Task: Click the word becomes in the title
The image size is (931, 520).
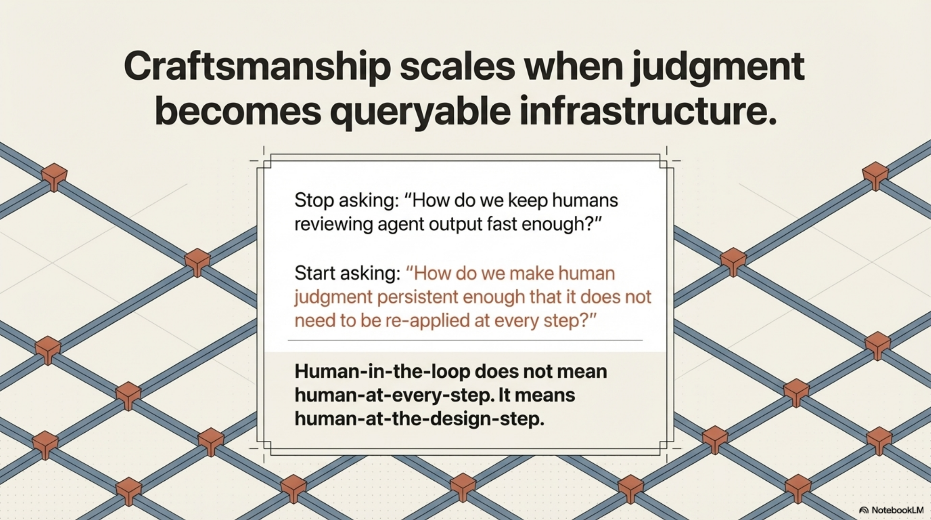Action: tap(238, 111)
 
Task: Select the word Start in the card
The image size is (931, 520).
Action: tap(314, 273)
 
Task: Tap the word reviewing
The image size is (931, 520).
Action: tap(333, 224)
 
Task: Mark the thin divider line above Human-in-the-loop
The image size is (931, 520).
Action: tap(465, 340)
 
